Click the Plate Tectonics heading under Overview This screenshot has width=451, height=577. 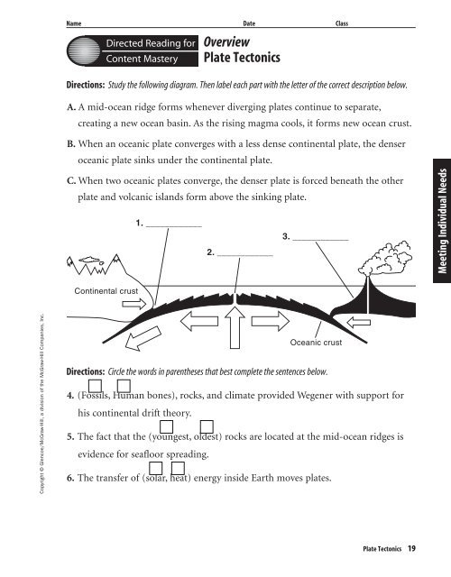242,59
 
